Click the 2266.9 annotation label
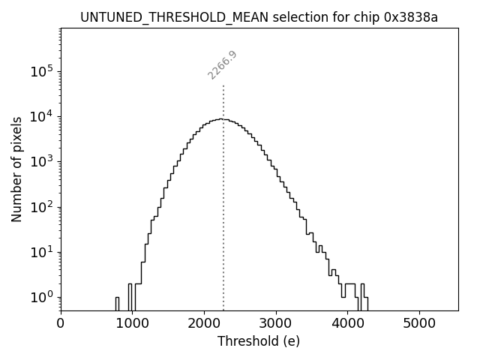[x=222, y=65]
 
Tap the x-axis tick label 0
[x=61, y=323]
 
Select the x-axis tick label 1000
[x=132, y=323]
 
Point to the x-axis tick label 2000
[x=204, y=323]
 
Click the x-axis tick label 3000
[x=275, y=323]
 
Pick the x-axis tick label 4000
[x=347, y=323]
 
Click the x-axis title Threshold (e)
[x=259, y=341]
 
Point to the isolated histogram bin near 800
[x=117, y=303]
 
